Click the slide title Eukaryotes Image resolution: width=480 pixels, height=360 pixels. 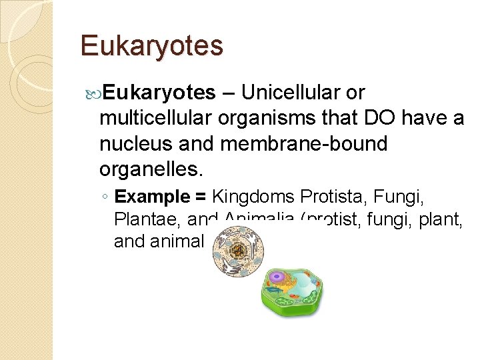[x=151, y=46]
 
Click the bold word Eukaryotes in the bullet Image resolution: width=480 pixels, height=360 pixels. [x=159, y=92]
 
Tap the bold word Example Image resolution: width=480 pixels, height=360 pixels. [x=153, y=197]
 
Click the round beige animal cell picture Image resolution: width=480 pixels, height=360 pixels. [x=238, y=251]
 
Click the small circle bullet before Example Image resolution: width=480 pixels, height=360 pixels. [x=107, y=198]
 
